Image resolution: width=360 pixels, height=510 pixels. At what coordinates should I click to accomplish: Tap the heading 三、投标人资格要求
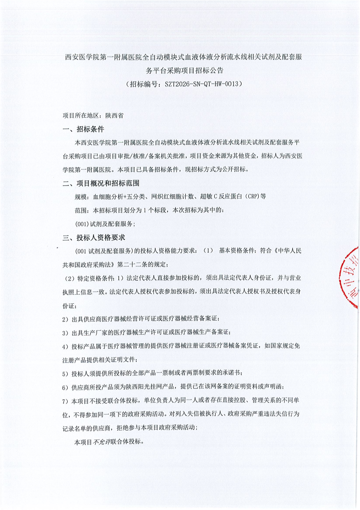click(x=94, y=237)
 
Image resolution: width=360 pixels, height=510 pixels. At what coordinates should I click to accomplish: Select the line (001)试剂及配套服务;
click(x=105, y=223)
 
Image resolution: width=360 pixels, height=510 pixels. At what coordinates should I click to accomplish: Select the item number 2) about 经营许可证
click(x=64, y=319)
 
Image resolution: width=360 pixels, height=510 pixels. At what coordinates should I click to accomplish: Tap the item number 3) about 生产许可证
click(x=64, y=333)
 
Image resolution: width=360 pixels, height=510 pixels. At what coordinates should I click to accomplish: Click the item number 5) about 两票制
click(x=64, y=373)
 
